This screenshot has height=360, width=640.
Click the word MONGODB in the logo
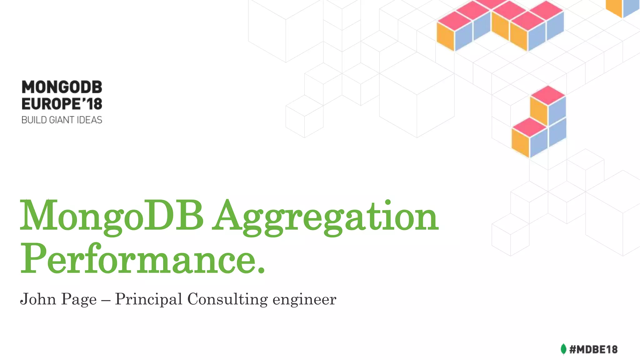[62, 87]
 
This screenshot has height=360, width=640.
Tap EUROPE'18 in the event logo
[62, 104]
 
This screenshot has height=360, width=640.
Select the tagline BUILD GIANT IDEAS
[62, 120]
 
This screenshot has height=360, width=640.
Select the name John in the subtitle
[38, 299]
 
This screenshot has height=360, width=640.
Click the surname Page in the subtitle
[79, 300]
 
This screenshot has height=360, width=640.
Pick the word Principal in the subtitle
[148, 300]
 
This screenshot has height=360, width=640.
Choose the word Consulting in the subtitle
[227, 300]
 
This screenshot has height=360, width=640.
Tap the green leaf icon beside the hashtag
[563, 349]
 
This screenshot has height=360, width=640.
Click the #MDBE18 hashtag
[593, 349]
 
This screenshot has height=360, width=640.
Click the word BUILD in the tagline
[34, 120]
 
